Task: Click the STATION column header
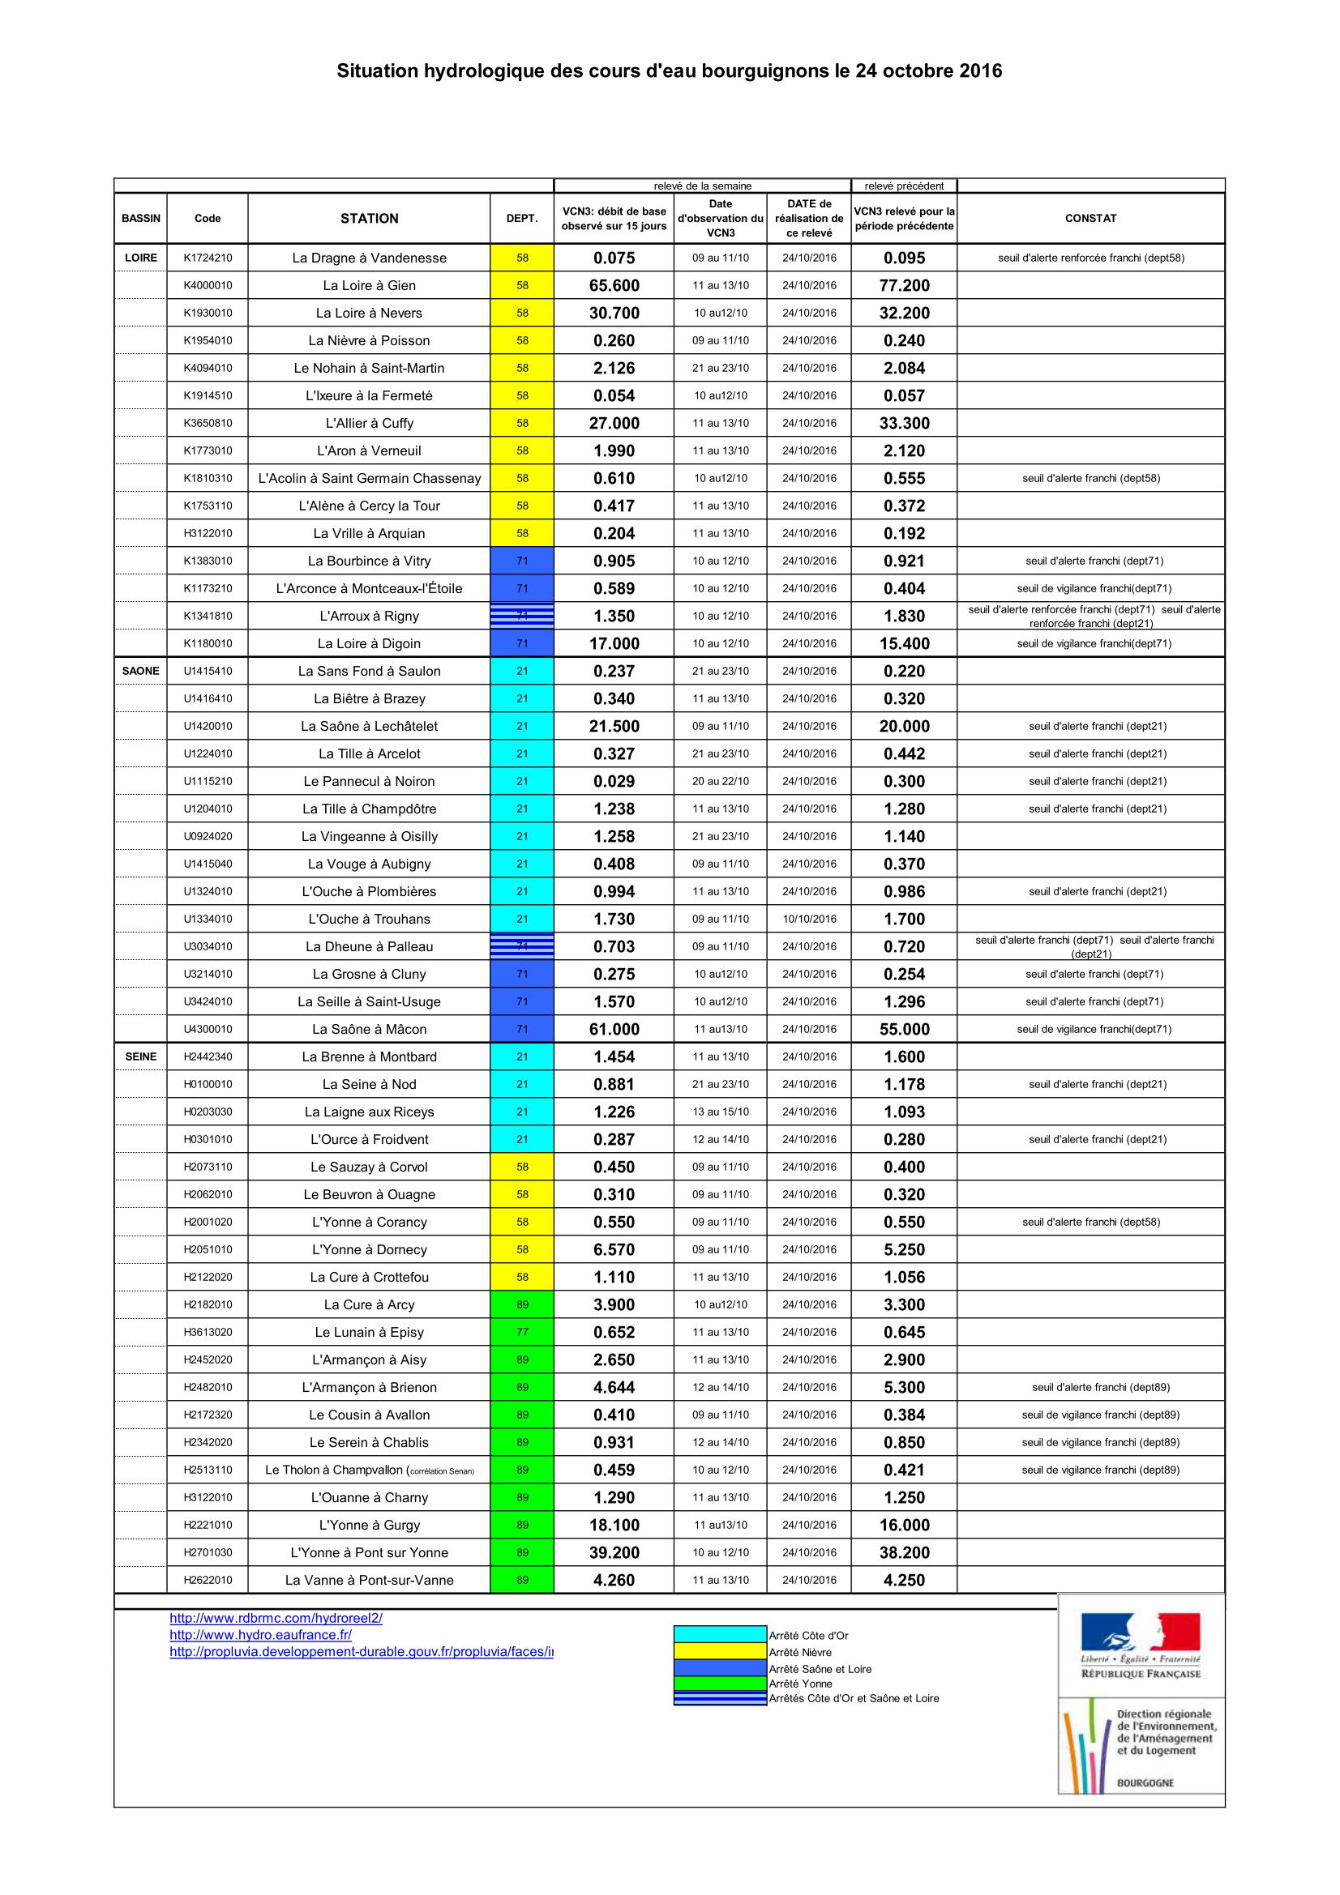click(369, 218)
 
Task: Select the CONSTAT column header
click(1090, 218)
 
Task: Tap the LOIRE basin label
click(140, 258)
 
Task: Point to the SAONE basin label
click(140, 671)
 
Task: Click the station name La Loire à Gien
click(369, 285)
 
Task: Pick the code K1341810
click(208, 616)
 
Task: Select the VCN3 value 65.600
click(614, 285)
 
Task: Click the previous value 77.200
click(904, 285)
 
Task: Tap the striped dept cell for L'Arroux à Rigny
click(522, 616)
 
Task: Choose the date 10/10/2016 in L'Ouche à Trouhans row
click(809, 919)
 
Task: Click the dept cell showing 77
click(522, 1332)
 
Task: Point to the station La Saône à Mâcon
click(369, 1029)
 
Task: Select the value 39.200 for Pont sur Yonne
click(614, 1552)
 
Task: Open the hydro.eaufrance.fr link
click(260, 1634)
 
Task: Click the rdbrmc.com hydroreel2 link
click(276, 1618)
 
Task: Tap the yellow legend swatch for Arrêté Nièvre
click(720, 1651)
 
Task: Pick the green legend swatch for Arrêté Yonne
click(720, 1683)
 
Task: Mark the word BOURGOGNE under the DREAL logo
click(1145, 1782)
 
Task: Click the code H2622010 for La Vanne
click(208, 1580)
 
